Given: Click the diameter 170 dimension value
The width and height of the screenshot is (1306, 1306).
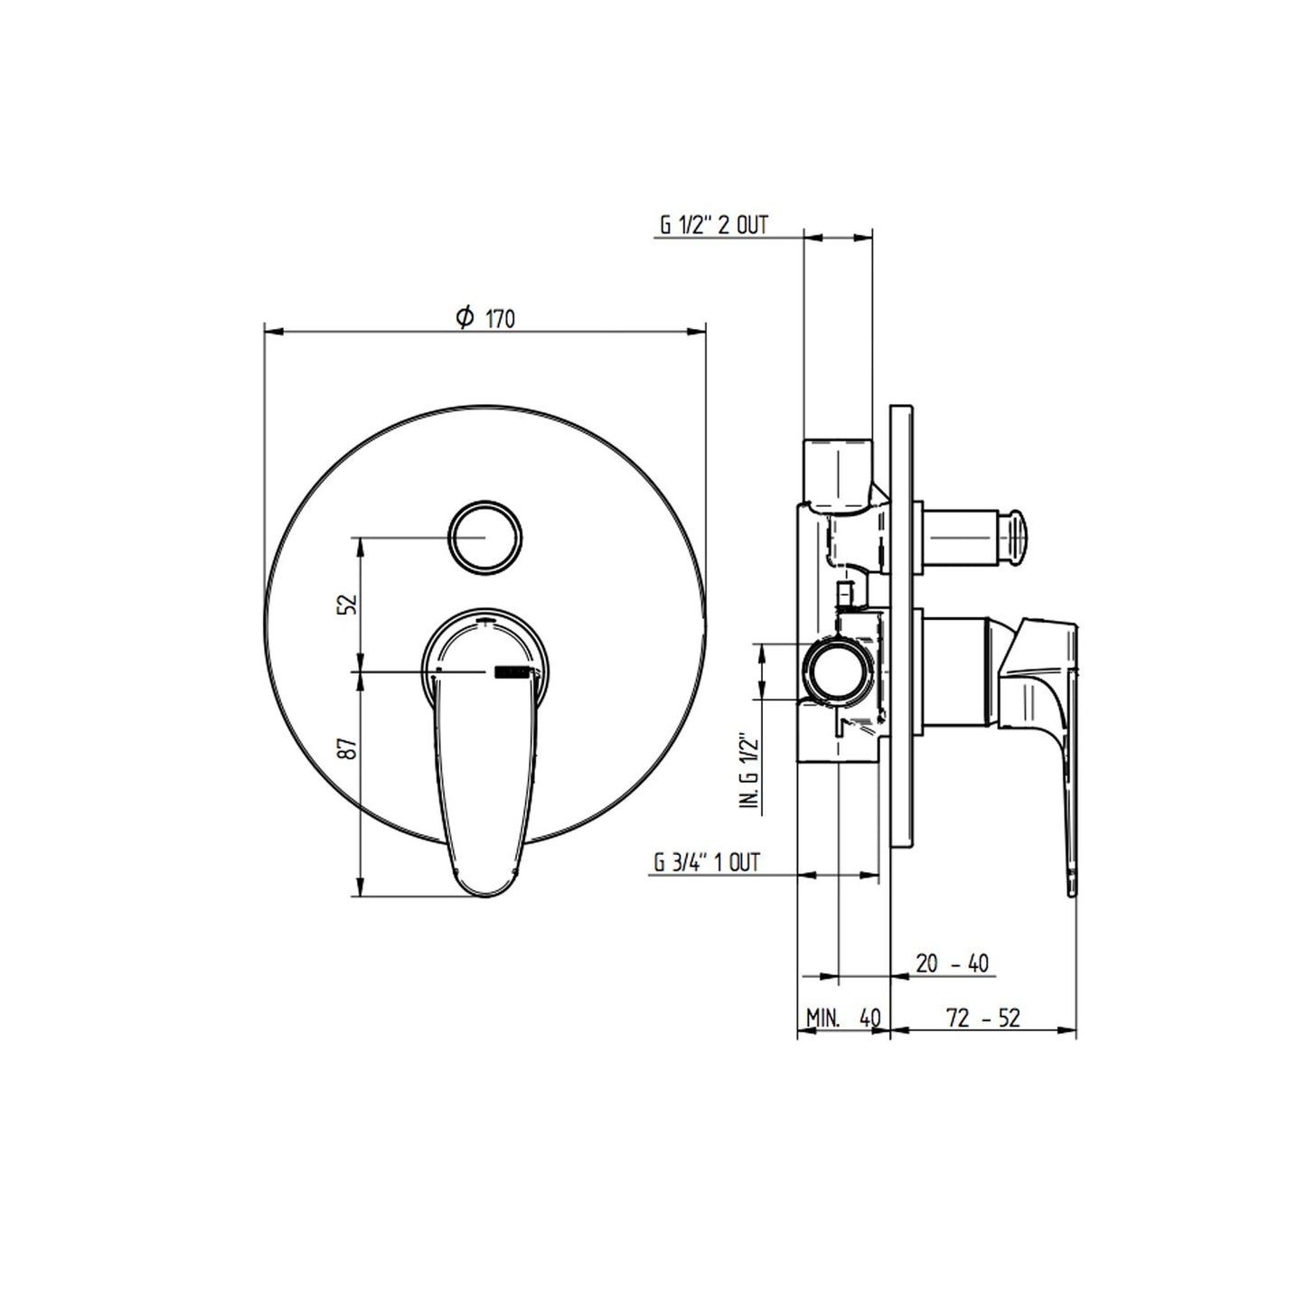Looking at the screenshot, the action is click(x=501, y=319).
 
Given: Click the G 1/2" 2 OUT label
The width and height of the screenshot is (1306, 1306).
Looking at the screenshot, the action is click(x=714, y=225).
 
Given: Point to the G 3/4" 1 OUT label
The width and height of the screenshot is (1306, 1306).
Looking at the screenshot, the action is click(x=707, y=862).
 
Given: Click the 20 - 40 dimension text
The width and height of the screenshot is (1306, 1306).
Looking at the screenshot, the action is click(x=953, y=963).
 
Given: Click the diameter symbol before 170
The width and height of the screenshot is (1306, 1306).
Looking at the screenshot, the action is click(x=465, y=317).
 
